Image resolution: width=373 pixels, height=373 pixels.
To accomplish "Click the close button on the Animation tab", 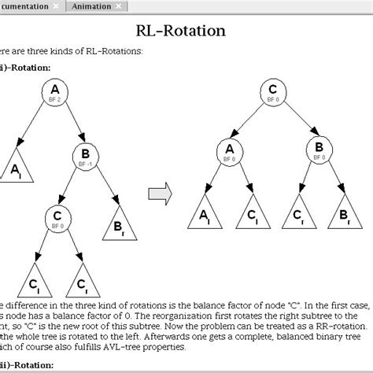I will pos(119,6).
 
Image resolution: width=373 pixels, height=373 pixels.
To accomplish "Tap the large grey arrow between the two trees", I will pos(161,192).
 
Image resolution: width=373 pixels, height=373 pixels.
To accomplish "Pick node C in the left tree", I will pos(56,216).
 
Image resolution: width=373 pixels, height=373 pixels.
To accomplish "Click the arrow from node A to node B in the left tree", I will pos(72,126).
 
